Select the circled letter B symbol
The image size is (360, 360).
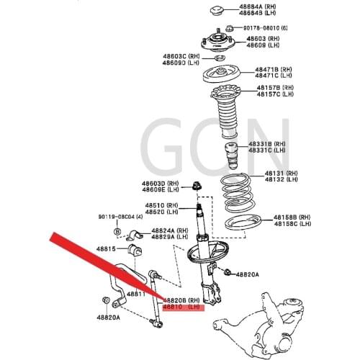[x=117, y=231]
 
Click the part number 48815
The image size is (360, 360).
[x=106, y=248]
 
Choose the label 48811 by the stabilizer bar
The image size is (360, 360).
[x=137, y=294]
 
